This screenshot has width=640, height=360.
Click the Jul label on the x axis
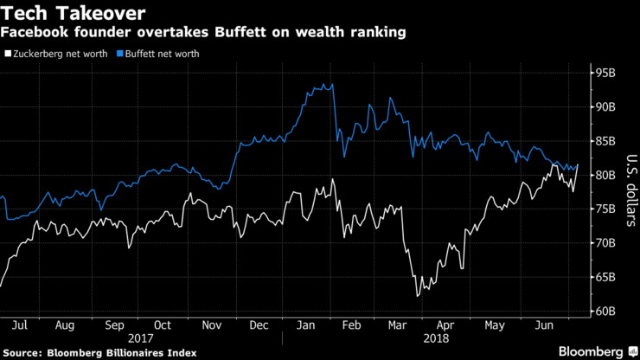[x=20, y=325]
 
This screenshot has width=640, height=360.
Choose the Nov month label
[x=212, y=325]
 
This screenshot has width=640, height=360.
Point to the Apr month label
[x=445, y=325]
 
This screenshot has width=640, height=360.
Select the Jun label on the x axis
[x=543, y=325]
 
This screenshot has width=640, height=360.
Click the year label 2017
[x=139, y=338]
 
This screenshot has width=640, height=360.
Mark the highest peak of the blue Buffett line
[x=332, y=84]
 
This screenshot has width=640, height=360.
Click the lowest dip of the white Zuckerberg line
[x=418, y=296]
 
